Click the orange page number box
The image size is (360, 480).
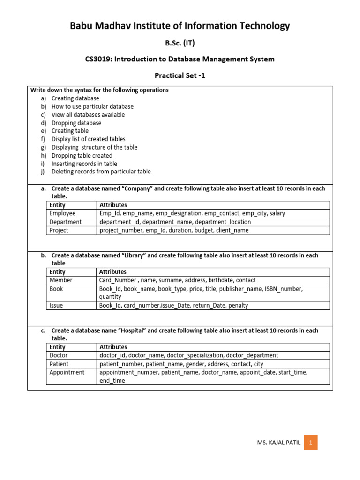coord(310,442)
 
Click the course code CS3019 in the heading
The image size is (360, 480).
coord(97,59)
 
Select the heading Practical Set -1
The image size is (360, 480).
coord(180,75)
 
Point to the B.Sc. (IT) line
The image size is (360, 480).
coord(180,43)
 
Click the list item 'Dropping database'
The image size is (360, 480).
coord(76,123)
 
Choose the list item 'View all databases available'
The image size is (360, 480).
coord(88,114)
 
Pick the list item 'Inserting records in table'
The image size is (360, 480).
coord(84,164)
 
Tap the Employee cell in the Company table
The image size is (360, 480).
coord(62,213)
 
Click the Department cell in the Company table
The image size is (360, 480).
coord(65,222)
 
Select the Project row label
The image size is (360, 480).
coord(59,230)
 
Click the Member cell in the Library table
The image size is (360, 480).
coord(61,280)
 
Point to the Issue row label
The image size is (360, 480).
coord(56,305)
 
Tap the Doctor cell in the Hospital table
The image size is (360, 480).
coord(59,355)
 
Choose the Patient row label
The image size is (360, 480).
coord(59,364)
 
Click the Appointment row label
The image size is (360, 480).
coord(67,372)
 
